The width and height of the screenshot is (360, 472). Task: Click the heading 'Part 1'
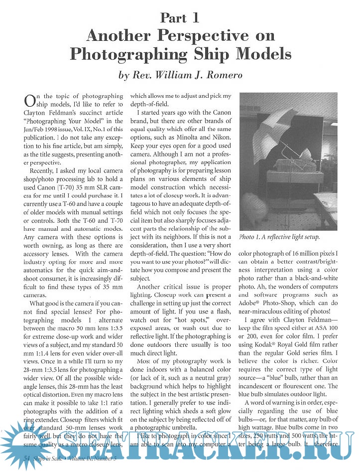click(180, 18)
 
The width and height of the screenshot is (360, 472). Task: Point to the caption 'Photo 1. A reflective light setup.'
click(279, 237)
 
